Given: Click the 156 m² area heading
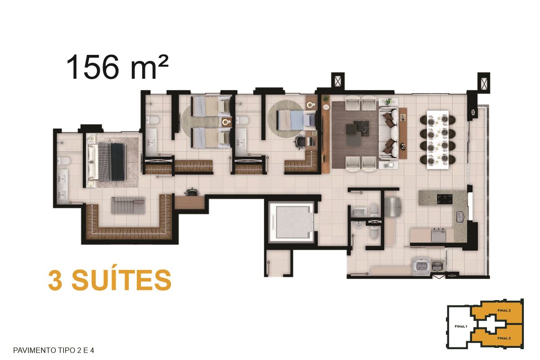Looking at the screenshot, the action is pyautogui.click(x=117, y=67).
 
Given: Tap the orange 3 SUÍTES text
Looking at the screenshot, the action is pyautogui.click(x=110, y=280).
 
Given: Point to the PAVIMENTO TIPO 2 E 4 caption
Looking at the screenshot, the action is pyautogui.click(x=54, y=351).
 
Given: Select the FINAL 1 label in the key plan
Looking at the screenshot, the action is pyautogui.click(x=461, y=327).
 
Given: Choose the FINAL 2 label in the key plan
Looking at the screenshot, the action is pyautogui.click(x=504, y=310).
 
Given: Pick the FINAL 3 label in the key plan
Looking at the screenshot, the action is pyautogui.click(x=504, y=338).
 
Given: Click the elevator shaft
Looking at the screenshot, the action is pyautogui.click(x=291, y=221).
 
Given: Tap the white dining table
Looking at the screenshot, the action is pyautogui.click(x=438, y=140).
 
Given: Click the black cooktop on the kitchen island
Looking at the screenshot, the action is pyautogui.click(x=445, y=199).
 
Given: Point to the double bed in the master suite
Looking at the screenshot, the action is pyautogui.click(x=107, y=162).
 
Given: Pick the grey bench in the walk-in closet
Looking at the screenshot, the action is pyautogui.click(x=128, y=206).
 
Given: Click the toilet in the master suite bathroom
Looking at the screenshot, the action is pyautogui.click(x=64, y=160).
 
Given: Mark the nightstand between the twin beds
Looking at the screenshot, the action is pyautogui.click(x=227, y=122).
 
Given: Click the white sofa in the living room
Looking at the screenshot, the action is pyautogui.click(x=388, y=133).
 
